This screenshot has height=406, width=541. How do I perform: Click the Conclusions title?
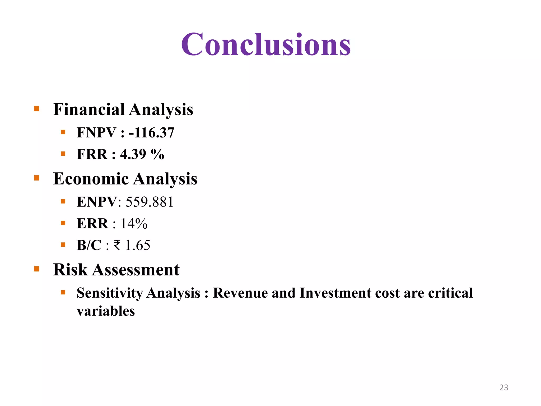pos(266,44)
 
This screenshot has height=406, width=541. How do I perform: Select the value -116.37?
pos(152,132)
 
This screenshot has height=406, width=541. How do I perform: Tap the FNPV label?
pos(96,132)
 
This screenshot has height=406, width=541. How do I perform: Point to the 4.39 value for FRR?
pos(133,154)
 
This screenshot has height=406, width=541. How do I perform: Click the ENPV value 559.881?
pos(150,202)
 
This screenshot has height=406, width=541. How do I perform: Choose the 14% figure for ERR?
pos(134,224)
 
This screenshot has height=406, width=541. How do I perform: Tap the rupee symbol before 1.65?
pos(117,245)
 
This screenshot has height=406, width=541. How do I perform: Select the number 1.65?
pos(138,245)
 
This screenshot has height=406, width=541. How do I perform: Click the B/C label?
pos(89,245)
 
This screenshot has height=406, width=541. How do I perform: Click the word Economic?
pos(91,179)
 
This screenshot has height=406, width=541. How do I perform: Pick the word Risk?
pos(70,270)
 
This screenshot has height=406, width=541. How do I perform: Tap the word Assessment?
pos(136,270)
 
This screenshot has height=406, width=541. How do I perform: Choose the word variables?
pos(106,311)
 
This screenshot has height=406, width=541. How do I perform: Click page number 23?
pos(503,387)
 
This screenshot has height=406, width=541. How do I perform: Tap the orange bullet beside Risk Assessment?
pos(36,269)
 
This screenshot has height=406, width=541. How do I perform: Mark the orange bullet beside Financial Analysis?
pos(36,109)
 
